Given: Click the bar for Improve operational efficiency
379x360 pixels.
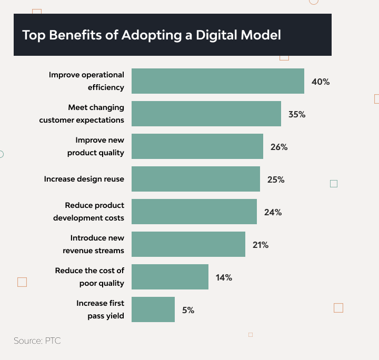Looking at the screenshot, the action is click(218, 81).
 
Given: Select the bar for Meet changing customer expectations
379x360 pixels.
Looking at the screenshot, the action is click(206, 114).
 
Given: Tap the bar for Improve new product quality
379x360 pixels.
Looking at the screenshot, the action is click(197, 146).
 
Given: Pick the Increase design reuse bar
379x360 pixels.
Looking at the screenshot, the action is click(196, 179).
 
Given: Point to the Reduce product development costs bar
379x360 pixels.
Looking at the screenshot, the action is click(194, 212).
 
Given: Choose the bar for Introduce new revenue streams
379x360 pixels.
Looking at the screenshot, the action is click(188, 244).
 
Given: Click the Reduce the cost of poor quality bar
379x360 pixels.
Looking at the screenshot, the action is click(170, 277).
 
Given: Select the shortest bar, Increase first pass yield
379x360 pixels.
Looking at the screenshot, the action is click(153, 309).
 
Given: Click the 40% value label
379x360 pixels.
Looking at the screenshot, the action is click(321, 82).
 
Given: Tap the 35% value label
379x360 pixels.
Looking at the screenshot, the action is click(297, 114).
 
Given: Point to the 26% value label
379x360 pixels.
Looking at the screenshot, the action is click(279, 147).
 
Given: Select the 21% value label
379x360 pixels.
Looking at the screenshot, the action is click(261, 245).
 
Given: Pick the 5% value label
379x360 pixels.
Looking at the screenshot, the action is click(188, 310).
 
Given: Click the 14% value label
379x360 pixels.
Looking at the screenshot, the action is click(224, 277).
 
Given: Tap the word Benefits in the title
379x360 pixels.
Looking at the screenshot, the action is click(75, 35).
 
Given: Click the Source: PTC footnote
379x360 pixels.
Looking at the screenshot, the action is click(37, 341).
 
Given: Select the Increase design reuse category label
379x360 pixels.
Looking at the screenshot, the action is click(84, 179).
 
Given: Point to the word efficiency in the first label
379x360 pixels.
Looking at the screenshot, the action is click(106, 87).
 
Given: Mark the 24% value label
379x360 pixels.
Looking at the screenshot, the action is click(273, 213).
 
